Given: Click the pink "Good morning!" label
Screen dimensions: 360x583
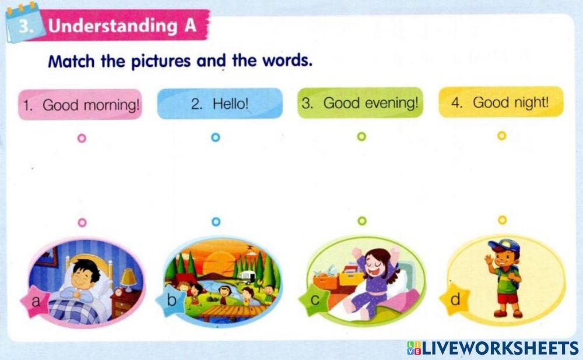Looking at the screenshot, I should click(x=80, y=105).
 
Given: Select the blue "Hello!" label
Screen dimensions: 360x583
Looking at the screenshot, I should click(x=220, y=104).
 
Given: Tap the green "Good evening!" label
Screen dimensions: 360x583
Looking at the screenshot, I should click(x=360, y=104).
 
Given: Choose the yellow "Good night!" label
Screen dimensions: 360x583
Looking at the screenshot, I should click(x=501, y=103).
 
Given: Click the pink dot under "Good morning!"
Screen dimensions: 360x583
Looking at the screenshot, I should click(x=82, y=138).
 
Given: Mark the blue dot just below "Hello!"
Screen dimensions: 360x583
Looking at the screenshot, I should click(x=216, y=137).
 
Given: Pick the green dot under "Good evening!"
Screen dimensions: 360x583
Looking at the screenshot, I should click(x=361, y=137).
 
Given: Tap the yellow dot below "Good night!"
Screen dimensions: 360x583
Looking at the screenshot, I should click(x=501, y=136).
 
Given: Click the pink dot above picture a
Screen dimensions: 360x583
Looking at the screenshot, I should click(x=82, y=223).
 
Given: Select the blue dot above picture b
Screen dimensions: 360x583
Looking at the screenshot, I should click(x=216, y=222).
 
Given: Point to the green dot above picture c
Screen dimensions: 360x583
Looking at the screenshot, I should click(x=361, y=221).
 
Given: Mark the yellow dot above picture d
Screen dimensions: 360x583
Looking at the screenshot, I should click(x=502, y=220).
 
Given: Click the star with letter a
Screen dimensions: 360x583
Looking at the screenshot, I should click(x=35, y=302).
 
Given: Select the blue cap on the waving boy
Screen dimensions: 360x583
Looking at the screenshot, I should click(x=503, y=245).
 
